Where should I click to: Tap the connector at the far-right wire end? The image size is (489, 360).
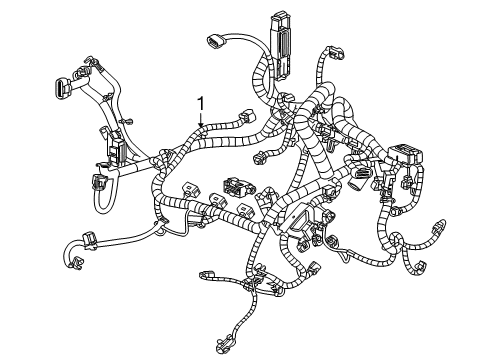[444, 223]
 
